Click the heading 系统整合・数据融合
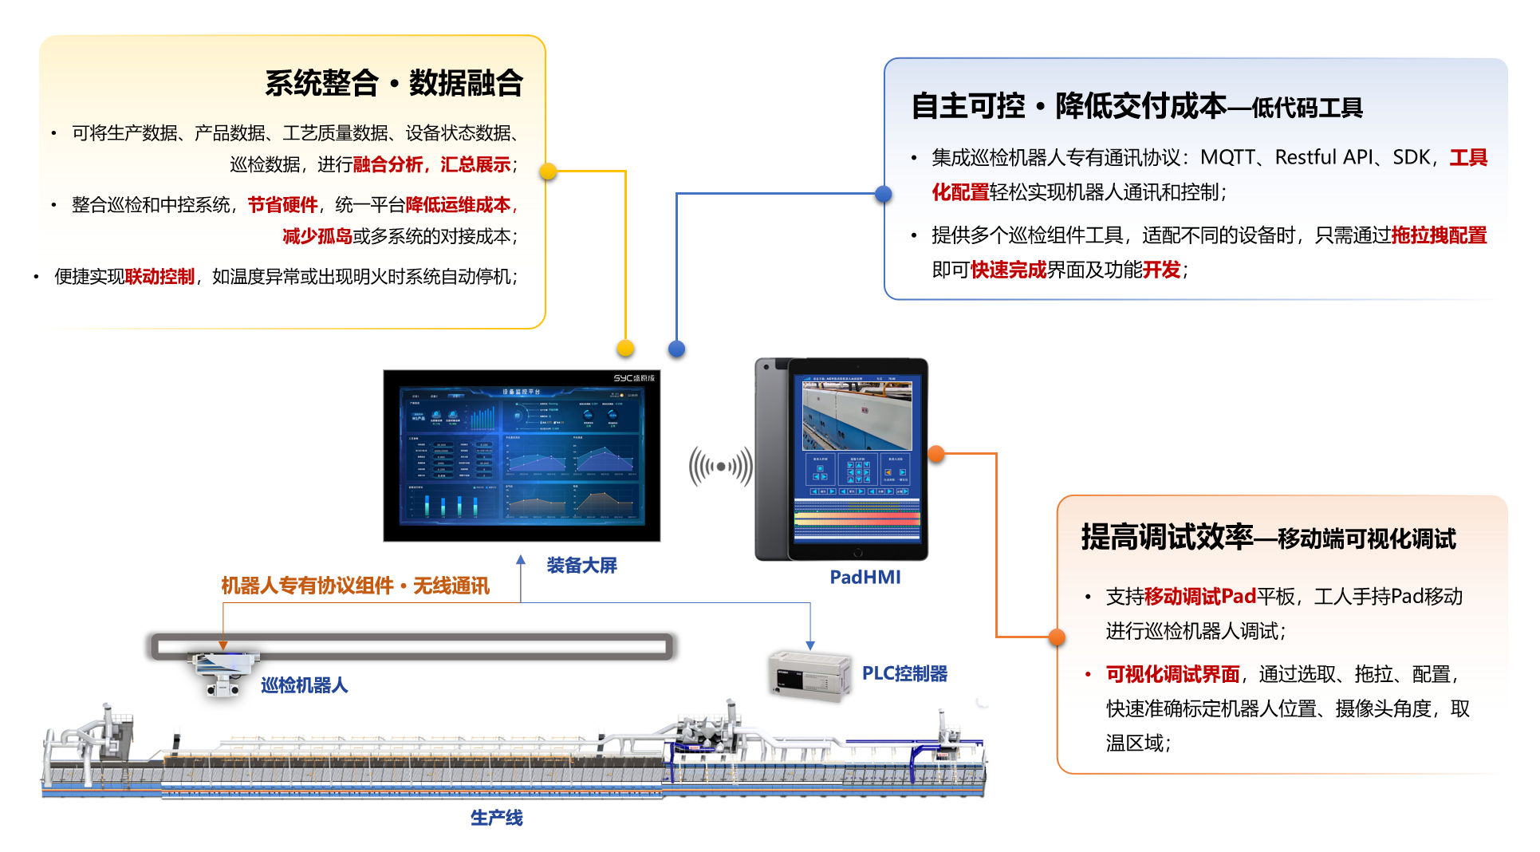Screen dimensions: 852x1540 point(393,83)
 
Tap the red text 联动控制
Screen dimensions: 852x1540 point(160,277)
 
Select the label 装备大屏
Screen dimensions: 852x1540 point(581,566)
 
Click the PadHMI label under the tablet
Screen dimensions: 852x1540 point(865,577)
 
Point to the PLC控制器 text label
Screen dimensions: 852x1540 point(904,674)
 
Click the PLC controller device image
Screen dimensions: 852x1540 point(809,676)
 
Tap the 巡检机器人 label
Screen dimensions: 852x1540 point(304,685)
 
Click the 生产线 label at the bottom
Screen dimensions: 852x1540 point(496,818)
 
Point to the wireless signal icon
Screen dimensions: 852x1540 point(721,467)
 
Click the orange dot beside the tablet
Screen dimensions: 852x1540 point(936,454)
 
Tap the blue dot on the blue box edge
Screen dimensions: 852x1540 point(883,194)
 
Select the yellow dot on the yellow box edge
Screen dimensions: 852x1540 point(548,172)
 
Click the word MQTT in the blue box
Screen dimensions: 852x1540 point(1227,157)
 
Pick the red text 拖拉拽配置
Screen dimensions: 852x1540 point(1439,235)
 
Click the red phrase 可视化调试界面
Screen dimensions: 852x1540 point(1172,675)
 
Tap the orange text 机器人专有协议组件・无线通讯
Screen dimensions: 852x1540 point(355,586)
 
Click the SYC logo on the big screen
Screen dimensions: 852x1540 point(633,378)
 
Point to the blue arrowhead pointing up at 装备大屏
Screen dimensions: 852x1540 point(521,560)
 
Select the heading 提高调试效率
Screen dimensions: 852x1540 point(1167,538)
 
